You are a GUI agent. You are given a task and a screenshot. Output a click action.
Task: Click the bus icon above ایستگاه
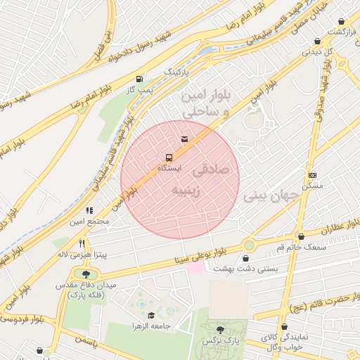pos(169,157)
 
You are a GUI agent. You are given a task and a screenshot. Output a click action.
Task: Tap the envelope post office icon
pos(185,139)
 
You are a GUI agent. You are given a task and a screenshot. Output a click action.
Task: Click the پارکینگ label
pos(177,72)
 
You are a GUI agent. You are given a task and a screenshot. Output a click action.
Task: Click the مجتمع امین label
pos(89,221)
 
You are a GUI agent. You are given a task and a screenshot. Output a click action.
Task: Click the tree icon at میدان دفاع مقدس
pos(86,274)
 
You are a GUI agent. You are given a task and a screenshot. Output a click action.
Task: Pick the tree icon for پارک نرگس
pos(221,330)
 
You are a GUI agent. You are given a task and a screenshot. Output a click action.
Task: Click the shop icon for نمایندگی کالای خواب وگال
pos(285,328)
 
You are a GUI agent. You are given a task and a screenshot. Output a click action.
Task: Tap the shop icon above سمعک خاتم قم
pos(302,237)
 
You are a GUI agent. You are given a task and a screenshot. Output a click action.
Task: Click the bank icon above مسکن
pos(312,175)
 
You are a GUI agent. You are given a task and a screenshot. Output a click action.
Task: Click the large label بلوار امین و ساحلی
pos(206,103)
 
